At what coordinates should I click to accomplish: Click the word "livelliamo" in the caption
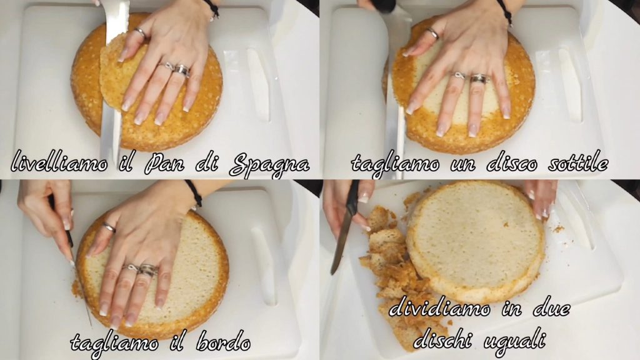pos(59,162)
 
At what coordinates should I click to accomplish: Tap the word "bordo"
pos(223,342)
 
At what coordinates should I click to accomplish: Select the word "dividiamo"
pos(439,308)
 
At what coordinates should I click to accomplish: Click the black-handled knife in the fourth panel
pos(345,229)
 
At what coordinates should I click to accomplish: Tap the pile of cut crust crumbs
pos(392,269)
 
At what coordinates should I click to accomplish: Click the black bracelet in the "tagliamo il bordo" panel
pos(194,192)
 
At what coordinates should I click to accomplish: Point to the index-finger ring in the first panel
pos(140,32)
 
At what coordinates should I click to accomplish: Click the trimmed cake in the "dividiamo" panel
pos(476,241)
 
